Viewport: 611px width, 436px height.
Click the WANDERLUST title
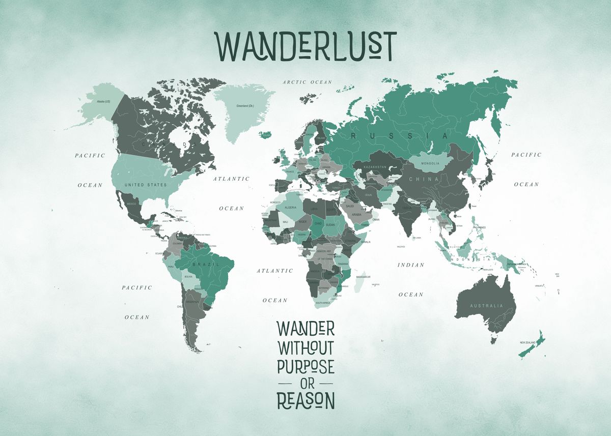(306, 46)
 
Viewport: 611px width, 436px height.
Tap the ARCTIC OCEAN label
(308, 82)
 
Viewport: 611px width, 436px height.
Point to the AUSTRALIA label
(486, 306)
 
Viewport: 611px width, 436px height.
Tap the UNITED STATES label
(146, 185)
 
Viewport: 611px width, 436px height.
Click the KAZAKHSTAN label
(376, 166)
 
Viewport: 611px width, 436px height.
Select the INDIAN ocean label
(411, 265)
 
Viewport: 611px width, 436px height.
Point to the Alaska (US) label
(103, 102)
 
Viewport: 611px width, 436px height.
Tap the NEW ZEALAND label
(528, 342)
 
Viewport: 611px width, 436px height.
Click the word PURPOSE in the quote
(305, 365)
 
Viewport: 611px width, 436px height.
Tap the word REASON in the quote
(305, 400)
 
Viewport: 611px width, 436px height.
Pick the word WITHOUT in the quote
(305, 348)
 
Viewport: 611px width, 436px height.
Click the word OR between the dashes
(305, 383)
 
